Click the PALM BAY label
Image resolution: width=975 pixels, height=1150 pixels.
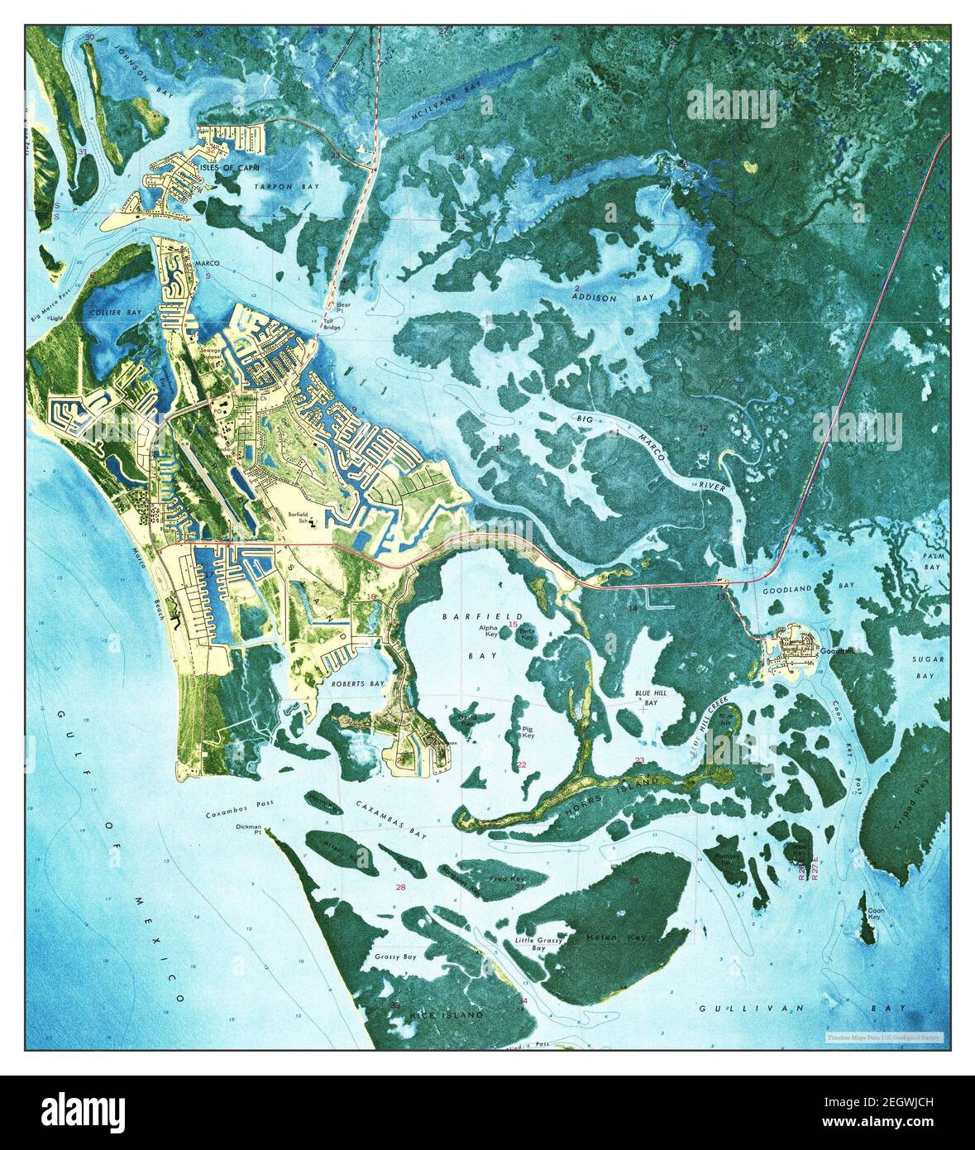[932, 563]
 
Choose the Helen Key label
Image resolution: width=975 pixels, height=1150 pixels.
[615, 937]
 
